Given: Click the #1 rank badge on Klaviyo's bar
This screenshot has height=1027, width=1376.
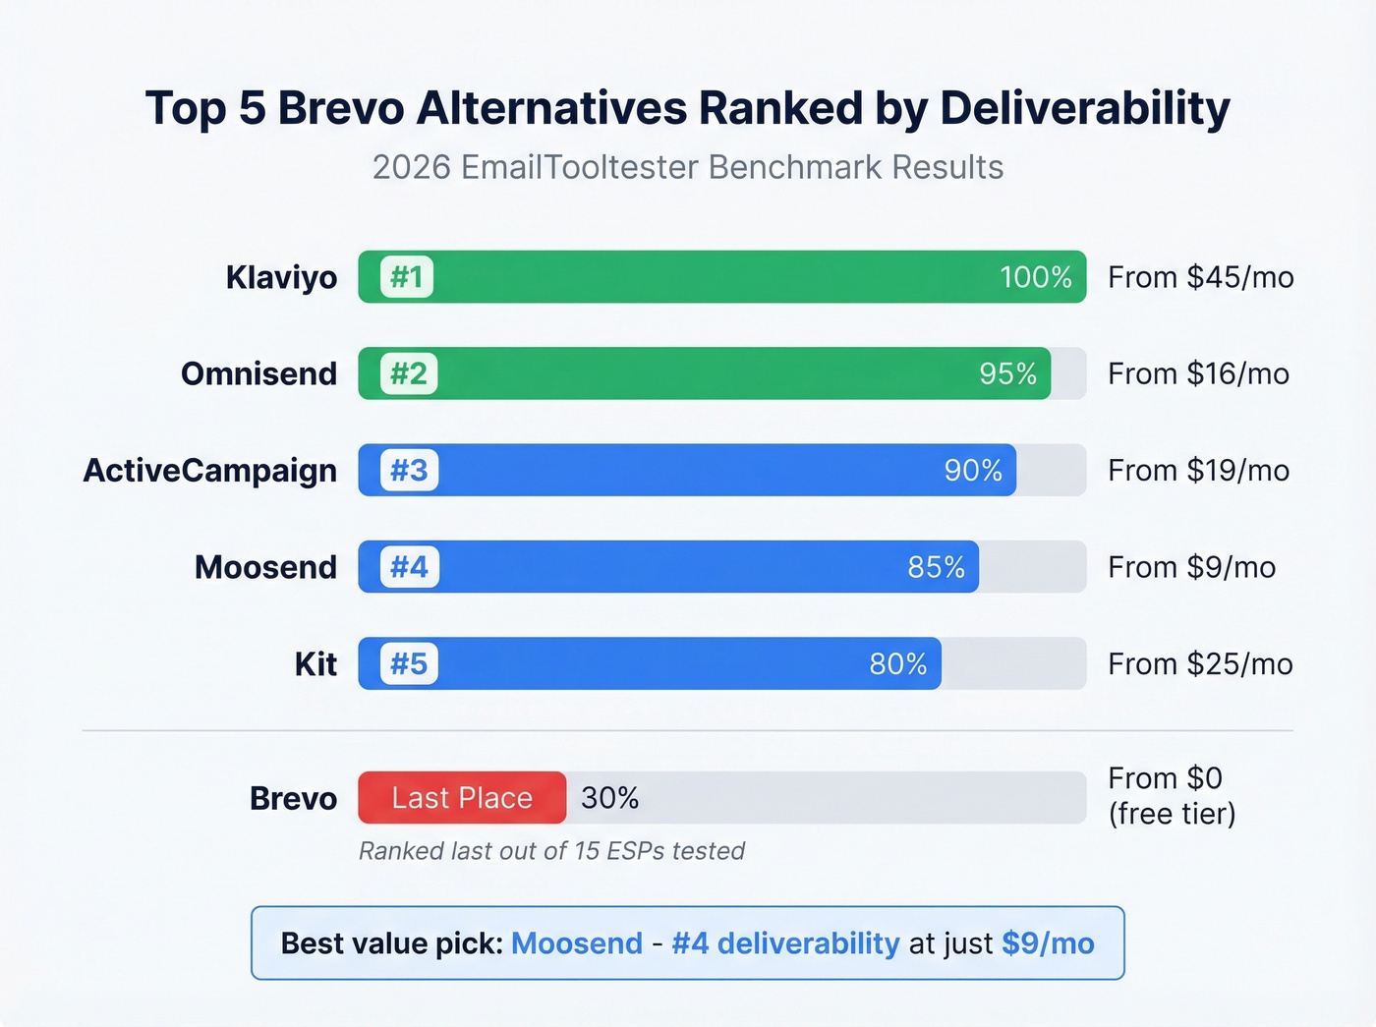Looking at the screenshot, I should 407,277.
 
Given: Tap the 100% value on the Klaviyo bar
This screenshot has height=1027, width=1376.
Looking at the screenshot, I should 1035,277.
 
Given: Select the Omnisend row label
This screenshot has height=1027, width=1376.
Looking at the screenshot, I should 258,373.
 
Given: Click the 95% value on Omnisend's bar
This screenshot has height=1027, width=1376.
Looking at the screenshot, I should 1007,373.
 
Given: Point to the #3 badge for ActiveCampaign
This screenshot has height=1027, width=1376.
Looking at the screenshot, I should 409,470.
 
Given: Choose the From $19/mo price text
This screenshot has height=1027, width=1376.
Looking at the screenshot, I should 1198,470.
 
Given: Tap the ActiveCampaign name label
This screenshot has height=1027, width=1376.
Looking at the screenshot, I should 209,470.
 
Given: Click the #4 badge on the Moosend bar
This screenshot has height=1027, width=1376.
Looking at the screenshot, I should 409,567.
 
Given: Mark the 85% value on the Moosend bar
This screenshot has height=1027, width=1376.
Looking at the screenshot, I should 936,567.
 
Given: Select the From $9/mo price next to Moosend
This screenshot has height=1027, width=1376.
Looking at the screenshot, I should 1191,567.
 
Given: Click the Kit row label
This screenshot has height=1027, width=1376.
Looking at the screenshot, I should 315,664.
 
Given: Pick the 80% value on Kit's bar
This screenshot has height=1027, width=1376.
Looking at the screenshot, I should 897,664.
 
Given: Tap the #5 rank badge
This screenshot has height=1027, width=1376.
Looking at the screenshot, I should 409,663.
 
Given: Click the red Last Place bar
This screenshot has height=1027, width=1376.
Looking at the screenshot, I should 462,798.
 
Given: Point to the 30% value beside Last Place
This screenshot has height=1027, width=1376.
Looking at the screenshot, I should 609,798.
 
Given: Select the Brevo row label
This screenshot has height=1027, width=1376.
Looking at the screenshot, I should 293,798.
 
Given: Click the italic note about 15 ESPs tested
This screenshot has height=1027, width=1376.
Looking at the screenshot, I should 551,851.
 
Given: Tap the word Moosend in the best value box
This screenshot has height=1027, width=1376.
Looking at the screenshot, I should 577,943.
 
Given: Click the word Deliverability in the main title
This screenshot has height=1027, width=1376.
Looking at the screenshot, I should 1084,108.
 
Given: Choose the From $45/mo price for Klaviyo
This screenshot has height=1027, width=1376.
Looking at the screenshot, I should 1200,277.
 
